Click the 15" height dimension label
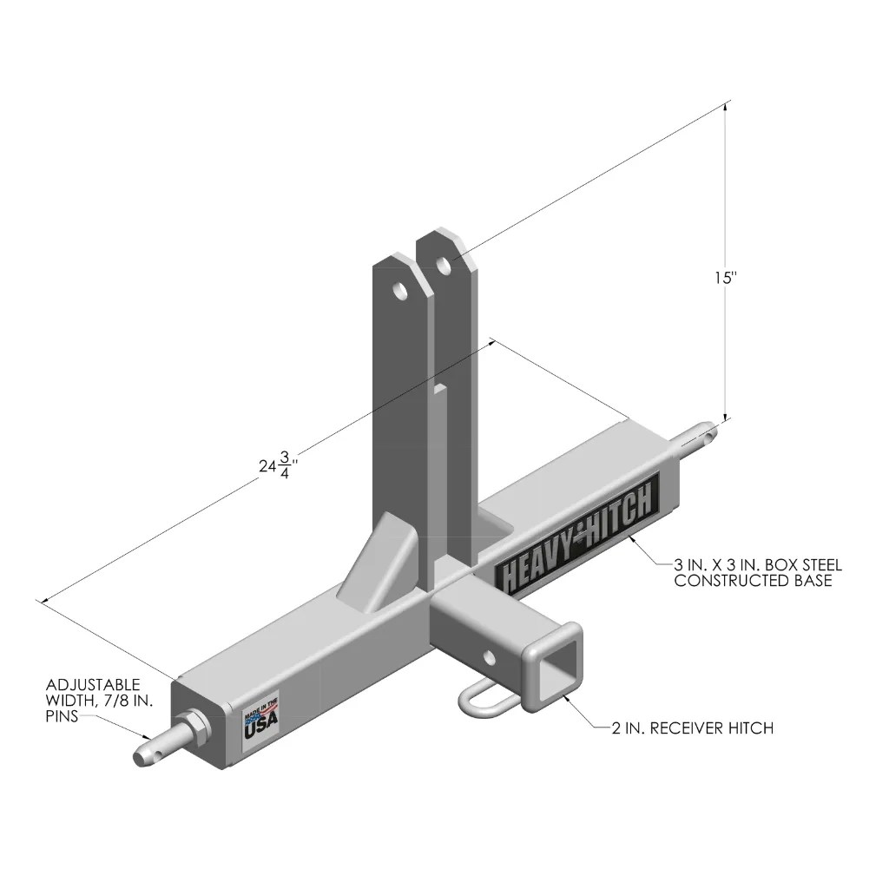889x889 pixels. [x=725, y=279]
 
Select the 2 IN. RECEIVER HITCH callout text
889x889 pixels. [x=692, y=728]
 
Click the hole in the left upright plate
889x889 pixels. [x=400, y=290]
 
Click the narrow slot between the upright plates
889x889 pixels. [x=441, y=434]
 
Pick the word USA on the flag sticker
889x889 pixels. [x=260, y=728]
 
